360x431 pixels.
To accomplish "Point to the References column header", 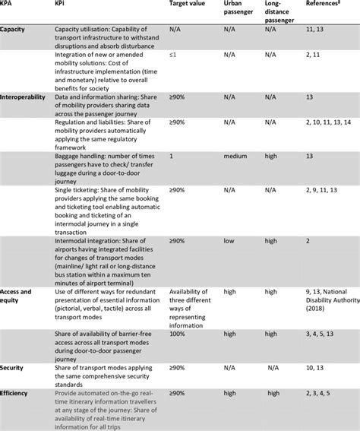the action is [321, 5].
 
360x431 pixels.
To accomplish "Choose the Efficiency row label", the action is [17, 393].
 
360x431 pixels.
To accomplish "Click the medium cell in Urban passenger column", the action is [235, 157].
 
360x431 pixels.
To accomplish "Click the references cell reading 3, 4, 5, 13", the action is [319, 334].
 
